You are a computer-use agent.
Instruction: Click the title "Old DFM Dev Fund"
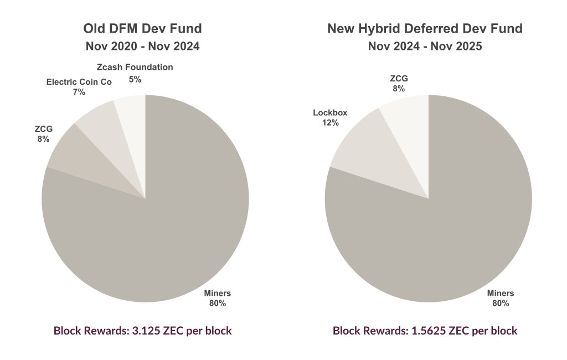[142, 28]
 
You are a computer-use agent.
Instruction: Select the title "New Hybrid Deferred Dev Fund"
[425, 28]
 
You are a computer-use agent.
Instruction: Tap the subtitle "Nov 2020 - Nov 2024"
[142, 47]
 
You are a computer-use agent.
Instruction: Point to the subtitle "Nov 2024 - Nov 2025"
[425, 47]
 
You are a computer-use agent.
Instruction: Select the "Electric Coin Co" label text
[79, 82]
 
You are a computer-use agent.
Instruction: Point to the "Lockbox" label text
[330, 112]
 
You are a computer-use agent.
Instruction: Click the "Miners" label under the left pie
[218, 293]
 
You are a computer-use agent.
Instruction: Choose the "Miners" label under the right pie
[501, 293]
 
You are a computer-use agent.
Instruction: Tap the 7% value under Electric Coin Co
[79, 92]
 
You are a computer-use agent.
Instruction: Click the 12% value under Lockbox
[330, 122]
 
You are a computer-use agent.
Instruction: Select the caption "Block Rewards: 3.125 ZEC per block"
[142, 331]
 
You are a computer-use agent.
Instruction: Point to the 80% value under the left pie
[218, 303]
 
